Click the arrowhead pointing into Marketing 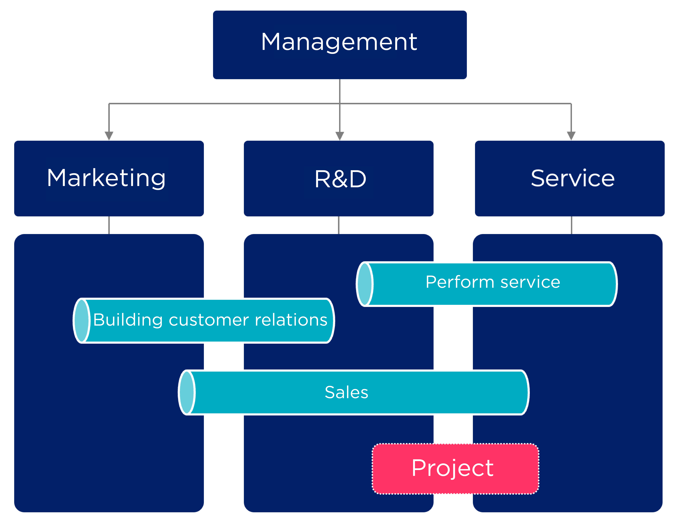109,136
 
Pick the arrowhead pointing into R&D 340,136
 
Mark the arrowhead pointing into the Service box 571,136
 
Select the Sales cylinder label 346,392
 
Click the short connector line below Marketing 109,225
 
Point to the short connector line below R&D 339,225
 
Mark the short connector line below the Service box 571,225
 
